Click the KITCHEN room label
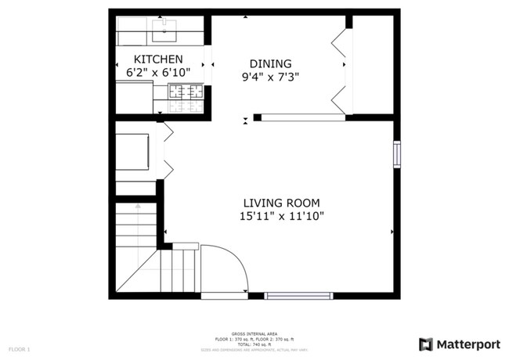coord(158,59)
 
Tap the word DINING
coord(270,64)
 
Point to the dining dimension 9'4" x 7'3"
coord(270,77)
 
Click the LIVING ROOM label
coord(281,203)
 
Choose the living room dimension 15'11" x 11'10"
coord(281,216)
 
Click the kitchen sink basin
coord(164,34)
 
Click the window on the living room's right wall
coord(397,154)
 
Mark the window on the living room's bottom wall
coord(298,296)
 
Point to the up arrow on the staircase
coord(138,207)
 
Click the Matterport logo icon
coord(426,344)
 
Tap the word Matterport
coord(467,344)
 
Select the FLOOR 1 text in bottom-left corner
coord(19,348)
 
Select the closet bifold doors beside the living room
coord(167,150)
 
